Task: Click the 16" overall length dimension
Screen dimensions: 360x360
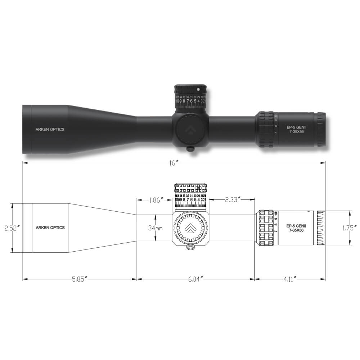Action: pyautogui.click(x=174, y=163)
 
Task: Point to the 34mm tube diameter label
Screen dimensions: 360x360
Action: pyautogui.click(x=156, y=228)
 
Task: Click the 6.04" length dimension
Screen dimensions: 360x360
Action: pyautogui.click(x=195, y=279)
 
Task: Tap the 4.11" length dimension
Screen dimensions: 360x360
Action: pyautogui.click(x=289, y=279)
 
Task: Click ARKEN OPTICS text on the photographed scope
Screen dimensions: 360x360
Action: pyautogui.click(x=50, y=129)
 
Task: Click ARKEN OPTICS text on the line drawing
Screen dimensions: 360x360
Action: pyautogui.click(x=50, y=228)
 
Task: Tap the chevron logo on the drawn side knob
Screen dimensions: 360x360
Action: pyautogui.click(x=190, y=228)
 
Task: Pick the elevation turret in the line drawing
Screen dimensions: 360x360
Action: pyautogui.click(x=190, y=196)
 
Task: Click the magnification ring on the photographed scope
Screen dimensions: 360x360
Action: pyautogui.click(x=266, y=130)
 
